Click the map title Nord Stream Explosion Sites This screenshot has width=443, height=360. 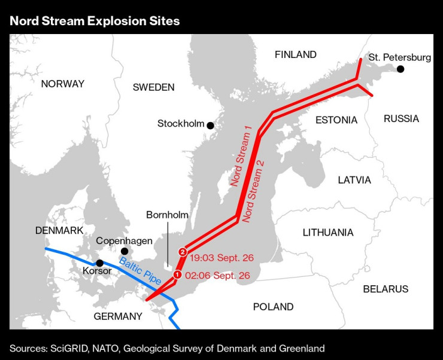pos(94,21)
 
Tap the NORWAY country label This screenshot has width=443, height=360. pos(63,84)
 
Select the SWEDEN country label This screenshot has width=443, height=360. pos(153,87)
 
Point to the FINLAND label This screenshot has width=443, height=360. pos(295,55)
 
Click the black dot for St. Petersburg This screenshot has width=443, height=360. pos(400,69)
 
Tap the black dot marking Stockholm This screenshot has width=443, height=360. pos(210,125)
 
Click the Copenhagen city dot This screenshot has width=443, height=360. pos(125,251)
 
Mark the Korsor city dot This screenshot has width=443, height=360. pos(100,263)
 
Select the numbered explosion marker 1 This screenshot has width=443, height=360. pos(177,274)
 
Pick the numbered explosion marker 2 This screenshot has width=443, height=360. pos(183,252)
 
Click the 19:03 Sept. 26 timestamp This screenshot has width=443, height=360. pos(221,258)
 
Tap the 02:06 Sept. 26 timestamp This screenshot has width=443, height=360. pos(217,276)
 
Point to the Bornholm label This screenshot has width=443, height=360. pos(167,215)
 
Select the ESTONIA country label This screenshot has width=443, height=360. pos(336,120)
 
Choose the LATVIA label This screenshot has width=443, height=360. pos(354,179)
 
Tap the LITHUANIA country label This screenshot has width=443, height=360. pos(328,232)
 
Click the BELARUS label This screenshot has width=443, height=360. pos(386,289)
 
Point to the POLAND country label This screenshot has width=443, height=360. pos(273,307)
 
